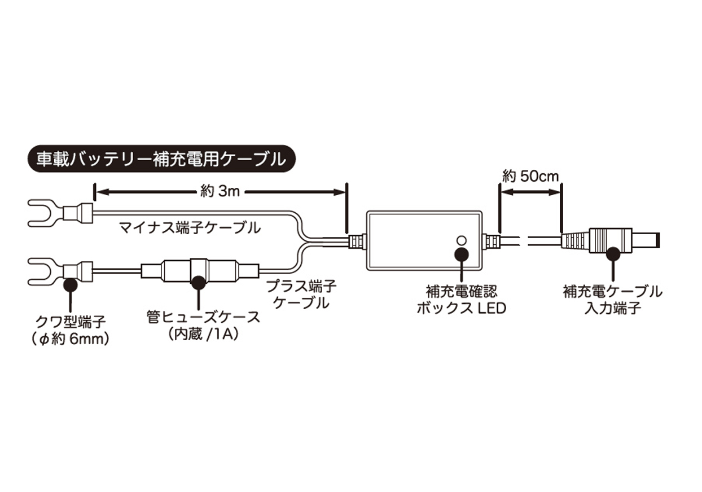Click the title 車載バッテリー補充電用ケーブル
pos(161,159)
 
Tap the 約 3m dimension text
pos(220,191)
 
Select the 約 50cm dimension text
pos(530,177)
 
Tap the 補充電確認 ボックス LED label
pos(462,300)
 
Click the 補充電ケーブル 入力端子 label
pos(613,300)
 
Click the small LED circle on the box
pos(462,240)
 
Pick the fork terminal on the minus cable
pos(60,213)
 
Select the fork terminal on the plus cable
pos(60,271)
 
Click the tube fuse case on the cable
pos(200,271)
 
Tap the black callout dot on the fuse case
pos(198,283)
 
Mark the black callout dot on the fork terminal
pos(70,285)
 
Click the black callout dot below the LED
pos(462,254)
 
